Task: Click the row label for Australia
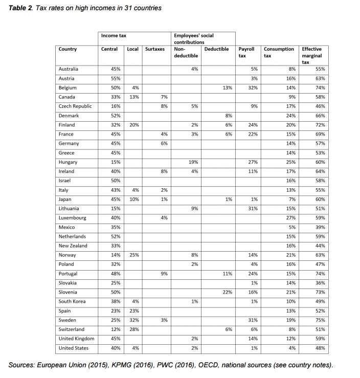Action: coord(69,69)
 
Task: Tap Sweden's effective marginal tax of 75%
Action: coord(320,320)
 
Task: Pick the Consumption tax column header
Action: coord(279,52)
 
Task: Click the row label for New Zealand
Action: coord(72,246)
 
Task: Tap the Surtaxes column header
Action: coord(155,49)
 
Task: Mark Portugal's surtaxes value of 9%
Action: coord(164,274)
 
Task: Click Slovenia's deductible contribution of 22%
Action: coord(226,292)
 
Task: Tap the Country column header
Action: coord(68,49)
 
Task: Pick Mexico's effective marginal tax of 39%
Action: coord(320,227)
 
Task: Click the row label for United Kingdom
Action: coord(77,339)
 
